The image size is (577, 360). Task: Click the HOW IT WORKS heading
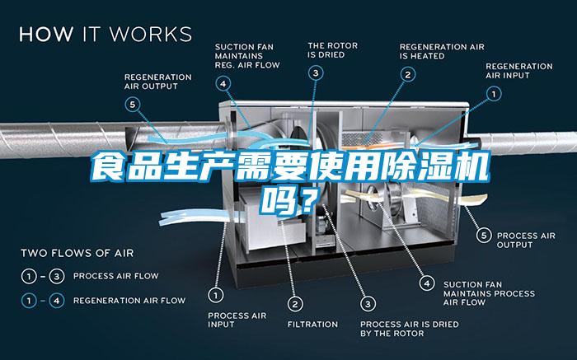[106, 35]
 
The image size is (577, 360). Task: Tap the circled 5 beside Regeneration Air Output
[133, 104]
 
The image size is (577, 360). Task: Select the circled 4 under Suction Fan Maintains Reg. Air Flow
[224, 82]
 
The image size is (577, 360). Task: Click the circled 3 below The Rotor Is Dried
[316, 73]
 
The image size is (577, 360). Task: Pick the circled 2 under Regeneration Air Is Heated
[407, 73]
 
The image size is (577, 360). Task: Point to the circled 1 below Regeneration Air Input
[495, 95]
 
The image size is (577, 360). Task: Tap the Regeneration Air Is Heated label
[434, 51]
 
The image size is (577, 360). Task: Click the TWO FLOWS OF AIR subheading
[77, 252]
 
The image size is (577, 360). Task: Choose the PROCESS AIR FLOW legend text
[115, 275]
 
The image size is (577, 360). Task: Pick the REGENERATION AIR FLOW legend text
[129, 301]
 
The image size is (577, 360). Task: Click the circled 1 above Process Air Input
[217, 293]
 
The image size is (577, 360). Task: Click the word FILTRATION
[312, 324]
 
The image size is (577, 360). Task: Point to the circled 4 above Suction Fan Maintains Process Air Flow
[427, 283]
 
